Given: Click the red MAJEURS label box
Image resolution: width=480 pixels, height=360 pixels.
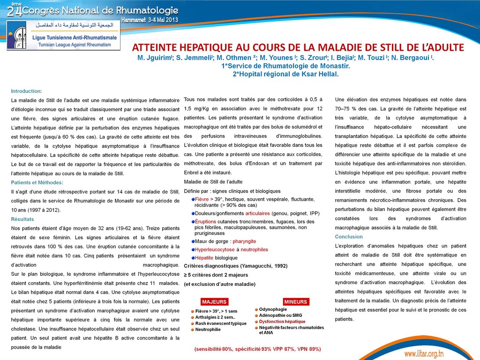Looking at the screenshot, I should (214, 302).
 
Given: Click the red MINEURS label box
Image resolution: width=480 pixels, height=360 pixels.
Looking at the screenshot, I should (296, 302).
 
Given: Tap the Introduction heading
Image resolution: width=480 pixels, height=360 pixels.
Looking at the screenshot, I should (26, 91).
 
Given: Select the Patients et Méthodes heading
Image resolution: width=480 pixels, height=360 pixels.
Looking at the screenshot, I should (37, 182).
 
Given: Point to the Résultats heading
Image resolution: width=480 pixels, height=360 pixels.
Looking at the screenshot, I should (22, 219).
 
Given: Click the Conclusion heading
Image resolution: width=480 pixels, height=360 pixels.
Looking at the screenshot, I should (349, 236).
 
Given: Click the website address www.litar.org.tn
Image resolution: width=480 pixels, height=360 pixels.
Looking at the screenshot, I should (430, 353).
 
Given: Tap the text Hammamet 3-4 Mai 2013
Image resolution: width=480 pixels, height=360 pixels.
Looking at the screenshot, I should (149, 20).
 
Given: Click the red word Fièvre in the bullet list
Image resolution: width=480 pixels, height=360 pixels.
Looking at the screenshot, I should (202, 199).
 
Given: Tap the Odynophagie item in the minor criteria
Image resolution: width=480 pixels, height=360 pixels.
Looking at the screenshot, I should (273, 309).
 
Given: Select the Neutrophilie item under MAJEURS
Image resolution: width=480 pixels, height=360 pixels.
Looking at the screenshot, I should (208, 330).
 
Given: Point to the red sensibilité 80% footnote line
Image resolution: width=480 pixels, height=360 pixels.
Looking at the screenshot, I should (257, 349).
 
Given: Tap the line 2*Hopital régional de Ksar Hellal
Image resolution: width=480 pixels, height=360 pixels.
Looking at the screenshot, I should (285, 74).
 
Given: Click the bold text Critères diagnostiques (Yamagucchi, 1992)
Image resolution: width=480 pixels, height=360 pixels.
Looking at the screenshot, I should (235, 266).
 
